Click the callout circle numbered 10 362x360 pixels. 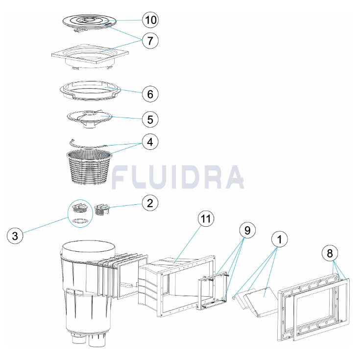tap(151, 20)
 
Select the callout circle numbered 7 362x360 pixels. tap(151, 41)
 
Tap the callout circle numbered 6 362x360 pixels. tap(151, 93)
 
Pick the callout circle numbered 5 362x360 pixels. tap(151, 119)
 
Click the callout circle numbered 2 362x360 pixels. tap(151, 202)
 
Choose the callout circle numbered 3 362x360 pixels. tap(16, 236)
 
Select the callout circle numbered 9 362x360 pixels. tap(248, 229)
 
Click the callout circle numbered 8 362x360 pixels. tap(331, 253)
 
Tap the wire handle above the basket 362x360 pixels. tap(88, 144)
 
